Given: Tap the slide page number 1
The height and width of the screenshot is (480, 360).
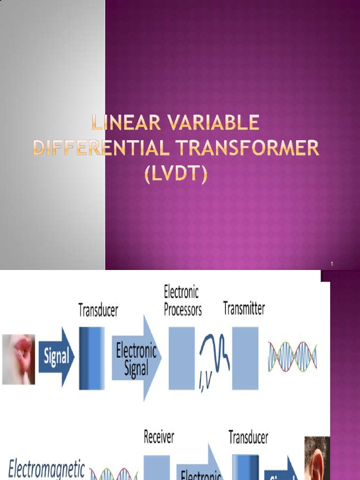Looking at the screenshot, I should (331, 265).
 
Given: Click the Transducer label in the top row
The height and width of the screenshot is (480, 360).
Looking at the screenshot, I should (98, 310).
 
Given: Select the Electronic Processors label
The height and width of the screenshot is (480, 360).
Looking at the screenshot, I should (182, 301).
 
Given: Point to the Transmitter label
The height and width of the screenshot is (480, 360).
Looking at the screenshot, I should (244, 308).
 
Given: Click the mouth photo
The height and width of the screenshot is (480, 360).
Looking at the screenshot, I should (19, 359).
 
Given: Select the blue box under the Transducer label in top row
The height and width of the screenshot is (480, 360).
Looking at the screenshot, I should (92, 358).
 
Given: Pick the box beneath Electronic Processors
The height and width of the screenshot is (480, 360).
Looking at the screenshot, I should (181, 358).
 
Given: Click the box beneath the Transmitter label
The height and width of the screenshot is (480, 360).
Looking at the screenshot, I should (245, 358).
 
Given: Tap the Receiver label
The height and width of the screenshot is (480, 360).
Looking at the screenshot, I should (159, 437).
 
